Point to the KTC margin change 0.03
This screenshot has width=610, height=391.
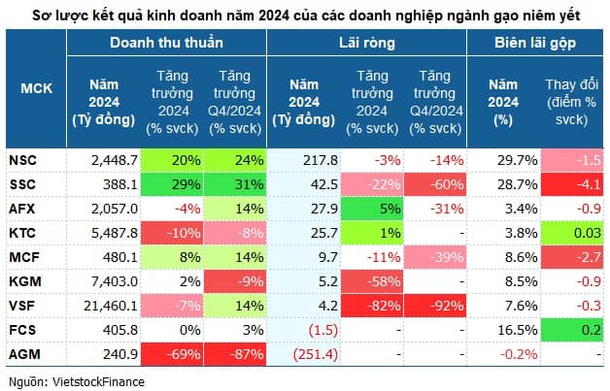pyautogui.click(x=580, y=232)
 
